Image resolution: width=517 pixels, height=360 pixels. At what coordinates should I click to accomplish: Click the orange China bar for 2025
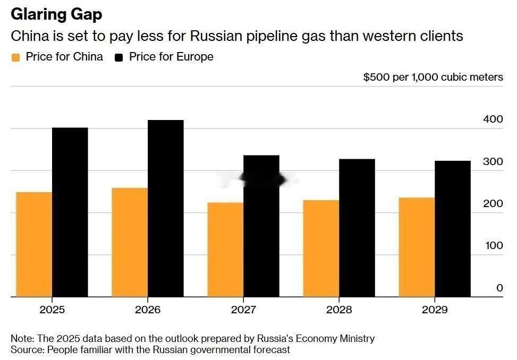[x=34, y=244]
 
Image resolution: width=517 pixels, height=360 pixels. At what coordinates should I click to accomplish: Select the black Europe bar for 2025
[x=70, y=212]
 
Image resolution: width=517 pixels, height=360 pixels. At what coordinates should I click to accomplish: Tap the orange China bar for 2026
[x=130, y=242]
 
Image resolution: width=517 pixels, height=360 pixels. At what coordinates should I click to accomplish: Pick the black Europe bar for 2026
[x=166, y=208]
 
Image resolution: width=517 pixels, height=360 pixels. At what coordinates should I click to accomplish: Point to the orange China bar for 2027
[x=225, y=250]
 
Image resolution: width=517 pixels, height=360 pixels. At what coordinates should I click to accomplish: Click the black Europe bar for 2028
[x=357, y=228]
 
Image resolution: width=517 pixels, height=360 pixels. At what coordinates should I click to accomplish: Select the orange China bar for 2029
[x=417, y=247]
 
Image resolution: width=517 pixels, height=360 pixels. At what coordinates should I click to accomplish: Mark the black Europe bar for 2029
[x=453, y=229]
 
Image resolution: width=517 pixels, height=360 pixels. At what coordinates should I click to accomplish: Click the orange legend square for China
[x=16, y=57]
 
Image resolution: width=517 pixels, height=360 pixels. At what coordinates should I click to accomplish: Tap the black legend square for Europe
[x=119, y=57]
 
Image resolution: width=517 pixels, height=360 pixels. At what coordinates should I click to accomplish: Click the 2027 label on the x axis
[x=243, y=310]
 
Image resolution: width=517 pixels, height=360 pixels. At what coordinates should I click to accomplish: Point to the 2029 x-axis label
[x=435, y=310]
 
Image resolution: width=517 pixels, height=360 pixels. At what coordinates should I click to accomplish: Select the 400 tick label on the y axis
[x=493, y=119]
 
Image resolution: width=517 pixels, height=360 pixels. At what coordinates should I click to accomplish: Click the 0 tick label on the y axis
[x=499, y=288]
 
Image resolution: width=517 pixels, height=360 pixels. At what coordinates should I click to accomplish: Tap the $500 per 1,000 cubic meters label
[x=433, y=77]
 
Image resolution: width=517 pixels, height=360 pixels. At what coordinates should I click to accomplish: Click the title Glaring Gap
[x=56, y=14]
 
